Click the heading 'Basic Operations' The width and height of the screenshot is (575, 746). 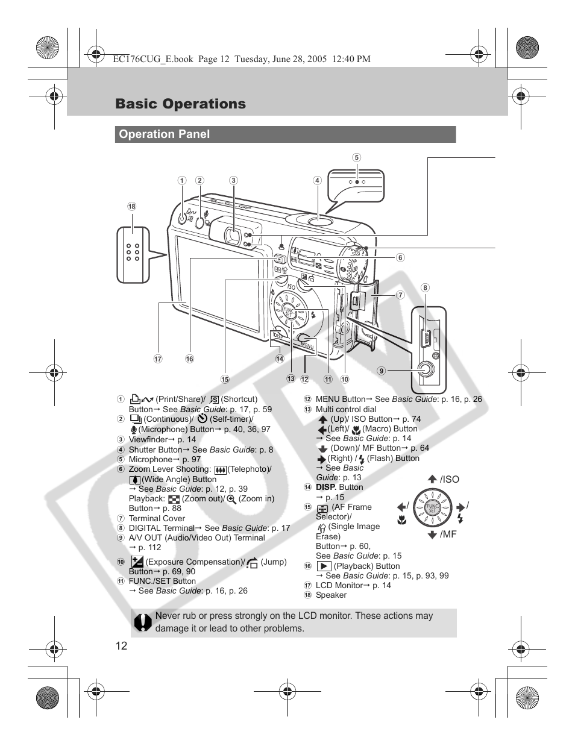coord(180,104)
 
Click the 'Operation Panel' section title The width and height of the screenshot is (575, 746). coord(164,134)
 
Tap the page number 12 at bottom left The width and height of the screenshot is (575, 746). coord(121,645)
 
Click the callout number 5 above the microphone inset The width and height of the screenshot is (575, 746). coord(357,158)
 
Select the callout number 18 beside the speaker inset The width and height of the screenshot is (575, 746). coord(131,206)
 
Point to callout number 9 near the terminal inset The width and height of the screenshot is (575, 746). coord(382,371)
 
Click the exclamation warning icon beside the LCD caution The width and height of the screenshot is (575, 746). coord(143,622)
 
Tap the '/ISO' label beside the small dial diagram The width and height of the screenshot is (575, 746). coord(449,480)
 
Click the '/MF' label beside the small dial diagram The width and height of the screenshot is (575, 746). coord(448,534)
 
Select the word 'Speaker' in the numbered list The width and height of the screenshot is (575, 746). coord(331,595)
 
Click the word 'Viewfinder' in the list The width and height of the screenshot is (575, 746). coord(148,439)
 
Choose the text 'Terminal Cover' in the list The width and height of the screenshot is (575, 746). coord(157,518)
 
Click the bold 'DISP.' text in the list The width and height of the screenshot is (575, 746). coord(326,487)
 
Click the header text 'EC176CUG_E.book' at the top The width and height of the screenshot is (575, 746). coord(152,59)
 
